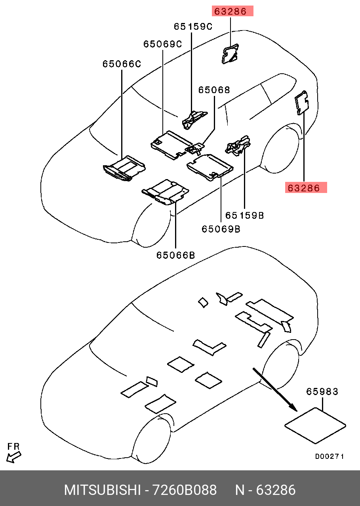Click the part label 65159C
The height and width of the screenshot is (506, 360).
point(193,27)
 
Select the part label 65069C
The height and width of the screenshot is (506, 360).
point(162,44)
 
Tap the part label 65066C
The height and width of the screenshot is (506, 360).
point(122,63)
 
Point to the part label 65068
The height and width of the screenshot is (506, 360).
point(214,90)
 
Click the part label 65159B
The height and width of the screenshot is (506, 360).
point(244,215)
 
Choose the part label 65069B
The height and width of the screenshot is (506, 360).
point(221,229)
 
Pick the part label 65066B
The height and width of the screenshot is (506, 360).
point(175,255)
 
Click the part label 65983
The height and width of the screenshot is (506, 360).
point(322,391)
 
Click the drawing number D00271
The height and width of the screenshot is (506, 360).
point(329,456)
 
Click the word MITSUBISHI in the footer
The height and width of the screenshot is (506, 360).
point(102,490)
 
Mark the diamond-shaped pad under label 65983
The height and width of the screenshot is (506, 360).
point(315,426)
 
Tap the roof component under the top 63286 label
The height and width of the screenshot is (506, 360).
point(230,53)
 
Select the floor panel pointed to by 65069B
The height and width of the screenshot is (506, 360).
point(210,166)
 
